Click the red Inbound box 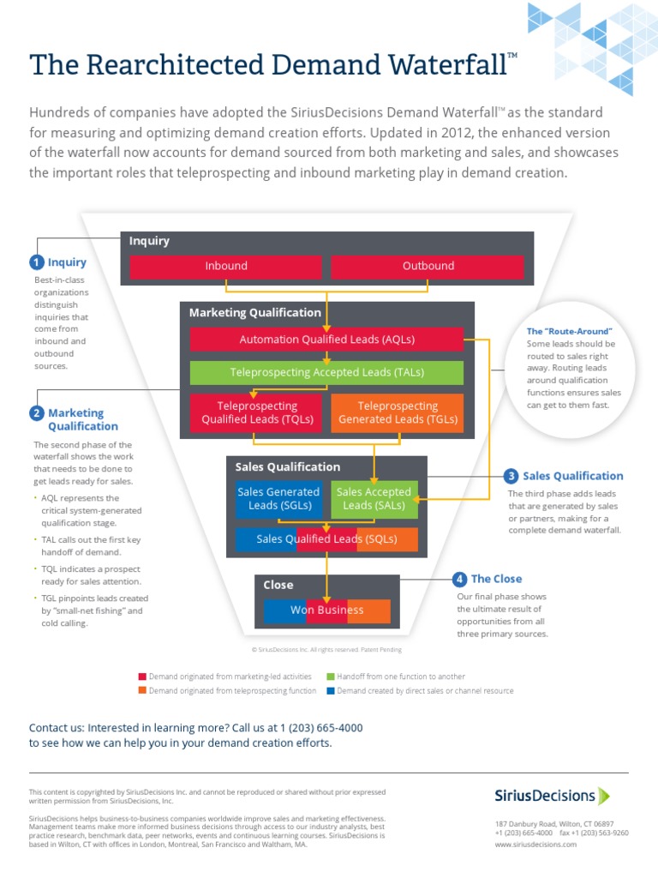pyautogui.click(x=226, y=267)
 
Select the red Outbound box pyautogui.click(x=428, y=267)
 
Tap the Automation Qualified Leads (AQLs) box pyautogui.click(x=326, y=340)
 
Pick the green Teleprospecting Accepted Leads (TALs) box pyautogui.click(x=326, y=373)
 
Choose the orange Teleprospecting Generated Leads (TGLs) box pyautogui.click(x=397, y=412)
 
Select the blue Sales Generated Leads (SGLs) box pyautogui.click(x=278, y=499)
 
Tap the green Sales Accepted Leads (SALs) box pyautogui.click(x=374, y=499)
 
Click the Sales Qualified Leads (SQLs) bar pyautogui.click(x=326, y=539)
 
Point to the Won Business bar pyautogui.click(x=326, y=610)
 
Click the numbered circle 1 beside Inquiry pyautogui.click(x=37, y=262)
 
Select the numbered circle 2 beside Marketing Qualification pyautogui.click(x=37, y=413)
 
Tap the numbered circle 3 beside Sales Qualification pyautogui.click(x=511, y=476)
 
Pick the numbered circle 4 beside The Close pyautogui.click(x=460, y=579)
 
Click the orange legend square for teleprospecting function pyautogui.click(x=142, y=690)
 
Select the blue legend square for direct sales pyautogui.click(x=331, y=690)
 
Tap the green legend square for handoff pyautogui.click(x=331, y=677)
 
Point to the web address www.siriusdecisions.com pyautogui.click(x=535, y=845)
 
